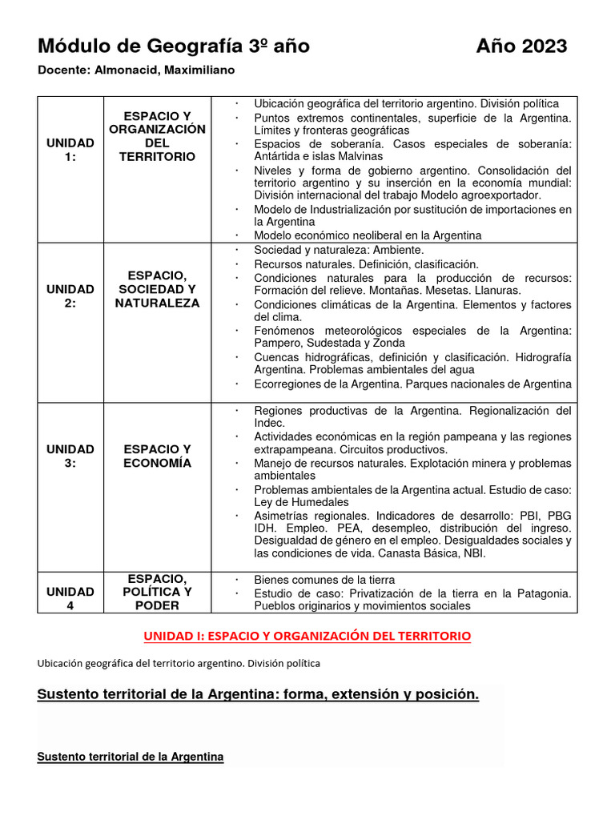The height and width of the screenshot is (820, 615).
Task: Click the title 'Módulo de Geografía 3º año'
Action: tap(174, 46)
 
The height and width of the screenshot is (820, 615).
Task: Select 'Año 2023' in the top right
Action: tap(521, 46)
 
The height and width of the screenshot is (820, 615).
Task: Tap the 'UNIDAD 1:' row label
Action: tap(70, 150)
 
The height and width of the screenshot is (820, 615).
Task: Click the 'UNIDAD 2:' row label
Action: tap(70, 295)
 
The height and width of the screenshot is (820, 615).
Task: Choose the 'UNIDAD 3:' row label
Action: tap(70, 456)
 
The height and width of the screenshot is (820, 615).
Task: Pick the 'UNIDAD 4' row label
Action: tap(70, 598)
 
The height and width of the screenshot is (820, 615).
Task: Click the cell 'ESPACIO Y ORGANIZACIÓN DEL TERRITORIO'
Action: tap(157, 137)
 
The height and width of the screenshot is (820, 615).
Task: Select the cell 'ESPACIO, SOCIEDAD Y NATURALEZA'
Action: tap(157, 289)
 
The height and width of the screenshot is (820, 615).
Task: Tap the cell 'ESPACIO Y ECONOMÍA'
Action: tap(157, 456)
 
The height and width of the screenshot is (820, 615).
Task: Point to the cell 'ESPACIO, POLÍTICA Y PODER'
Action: tap(157, 592)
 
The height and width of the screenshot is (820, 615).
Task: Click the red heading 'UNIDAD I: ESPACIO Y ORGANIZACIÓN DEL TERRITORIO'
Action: tap(307, 636)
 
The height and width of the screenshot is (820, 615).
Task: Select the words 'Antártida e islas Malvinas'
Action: tap(318, 157)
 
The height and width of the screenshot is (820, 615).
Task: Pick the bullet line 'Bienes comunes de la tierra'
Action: tap(324, 580)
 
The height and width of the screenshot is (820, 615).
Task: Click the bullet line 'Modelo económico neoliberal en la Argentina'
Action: tap(368, 235)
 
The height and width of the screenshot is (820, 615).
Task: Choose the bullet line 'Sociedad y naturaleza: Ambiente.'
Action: tap(339, 251)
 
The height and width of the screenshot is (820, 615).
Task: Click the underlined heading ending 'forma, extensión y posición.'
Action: tap(258, 694)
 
